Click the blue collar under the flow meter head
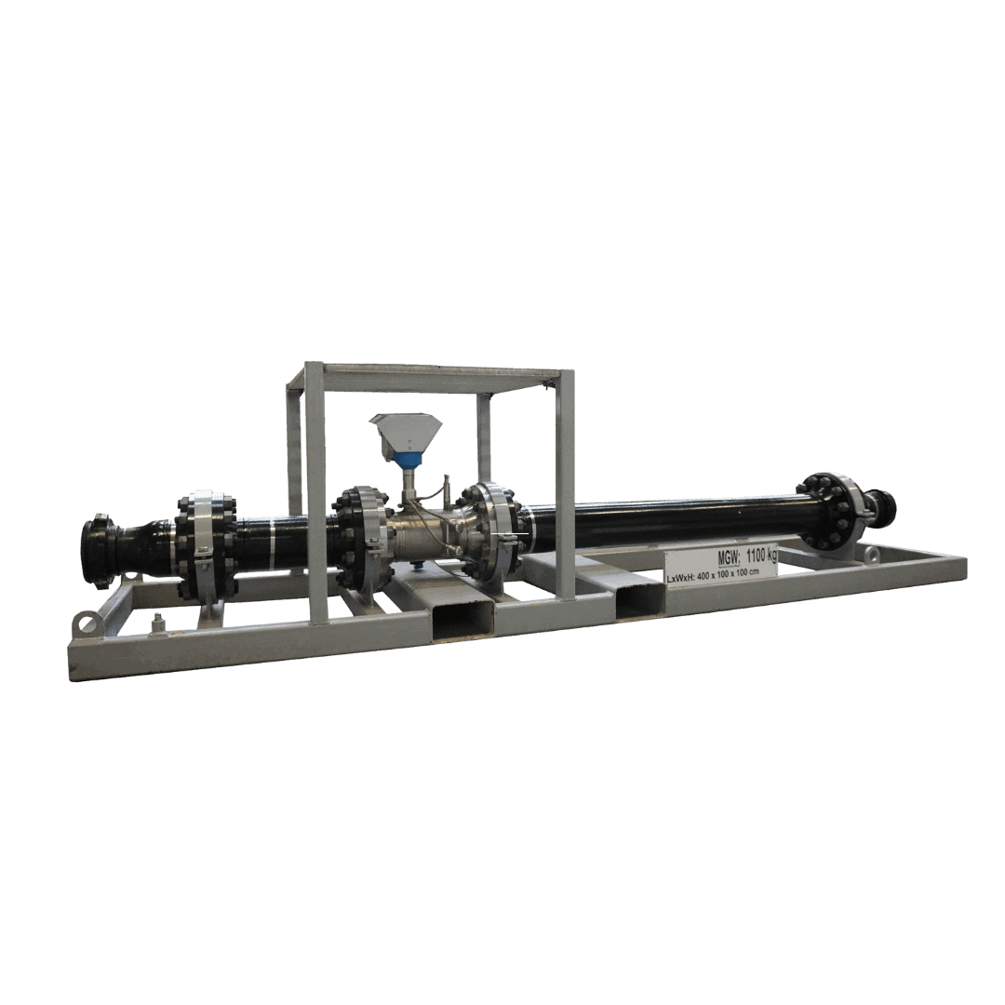click(407, 458)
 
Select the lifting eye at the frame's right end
click(871, 554)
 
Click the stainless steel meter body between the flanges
click(419, 534)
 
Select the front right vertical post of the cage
click(565, 484)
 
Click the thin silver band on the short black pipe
click(273, 539)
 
